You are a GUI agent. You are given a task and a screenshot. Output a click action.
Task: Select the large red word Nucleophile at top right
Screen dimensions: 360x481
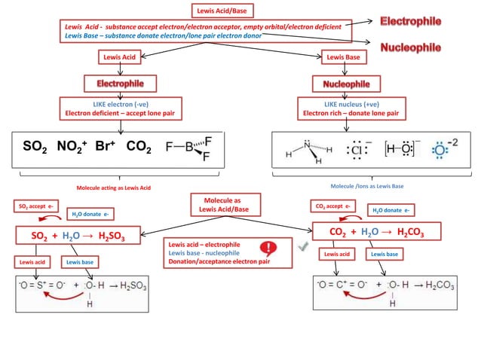coord(421,47)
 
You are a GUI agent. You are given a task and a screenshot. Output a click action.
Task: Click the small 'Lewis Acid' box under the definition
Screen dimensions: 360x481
coord(120,56)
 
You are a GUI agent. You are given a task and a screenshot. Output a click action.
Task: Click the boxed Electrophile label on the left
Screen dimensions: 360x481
coord(120,82)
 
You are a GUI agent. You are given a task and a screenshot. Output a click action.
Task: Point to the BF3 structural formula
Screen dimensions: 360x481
coord(189,147)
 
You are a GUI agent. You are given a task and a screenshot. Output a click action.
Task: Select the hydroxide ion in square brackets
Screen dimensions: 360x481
coord(403,149)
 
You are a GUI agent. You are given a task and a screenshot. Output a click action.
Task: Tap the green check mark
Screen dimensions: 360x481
coord(303,247)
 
